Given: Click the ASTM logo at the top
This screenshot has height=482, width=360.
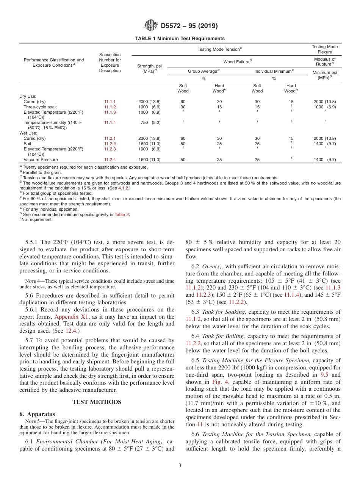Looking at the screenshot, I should pos(151,26).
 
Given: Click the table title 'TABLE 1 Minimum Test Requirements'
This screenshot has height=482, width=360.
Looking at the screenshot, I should pos(180,39).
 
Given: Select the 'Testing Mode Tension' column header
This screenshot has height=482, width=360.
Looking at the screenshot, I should pos(219,49).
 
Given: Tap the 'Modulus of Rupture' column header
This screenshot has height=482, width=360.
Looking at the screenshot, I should pos(325,62).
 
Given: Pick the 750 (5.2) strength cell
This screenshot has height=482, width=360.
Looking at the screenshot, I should pos(150,123).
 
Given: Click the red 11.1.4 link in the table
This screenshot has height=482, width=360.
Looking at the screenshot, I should pos(110,123).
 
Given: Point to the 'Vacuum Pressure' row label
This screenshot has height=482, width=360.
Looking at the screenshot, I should pos(41,160).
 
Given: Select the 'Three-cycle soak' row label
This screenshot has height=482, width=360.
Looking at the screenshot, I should pos(40,107).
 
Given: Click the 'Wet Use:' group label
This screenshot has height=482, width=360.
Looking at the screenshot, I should pos(28,133).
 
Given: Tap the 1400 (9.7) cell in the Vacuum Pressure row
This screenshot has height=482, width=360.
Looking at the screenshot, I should pos(325,160).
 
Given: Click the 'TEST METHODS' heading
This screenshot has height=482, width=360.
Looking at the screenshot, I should pos(97,402).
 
